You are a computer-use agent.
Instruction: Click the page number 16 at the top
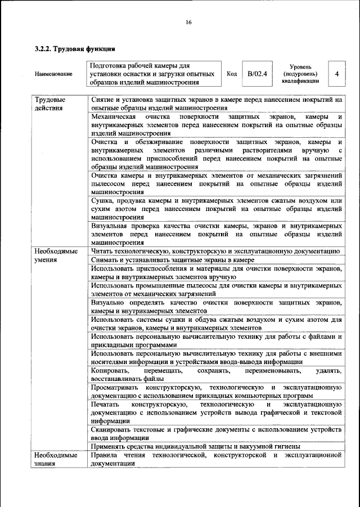point(188,22)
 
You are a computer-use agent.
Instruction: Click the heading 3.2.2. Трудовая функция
point(75,49)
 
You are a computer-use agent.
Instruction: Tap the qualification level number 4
point(336,74)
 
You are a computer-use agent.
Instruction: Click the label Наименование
point(53,74)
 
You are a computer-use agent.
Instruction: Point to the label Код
point(231,74)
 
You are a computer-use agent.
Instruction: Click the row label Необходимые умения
point(55,255)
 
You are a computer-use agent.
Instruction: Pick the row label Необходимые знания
point(55,459)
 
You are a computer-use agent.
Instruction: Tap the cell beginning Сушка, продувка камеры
point(217,208)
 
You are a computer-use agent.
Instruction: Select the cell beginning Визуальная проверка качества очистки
point(217,234)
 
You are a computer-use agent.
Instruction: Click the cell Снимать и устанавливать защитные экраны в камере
point(173,260)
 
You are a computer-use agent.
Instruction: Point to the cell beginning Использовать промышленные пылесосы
point(217,290)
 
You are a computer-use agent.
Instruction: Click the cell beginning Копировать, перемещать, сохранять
point(217,375)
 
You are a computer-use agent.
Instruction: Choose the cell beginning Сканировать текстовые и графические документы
point(217,433)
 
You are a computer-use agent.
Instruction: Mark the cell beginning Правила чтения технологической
point(217,459)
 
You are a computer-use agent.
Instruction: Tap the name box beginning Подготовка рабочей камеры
point(153,74)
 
